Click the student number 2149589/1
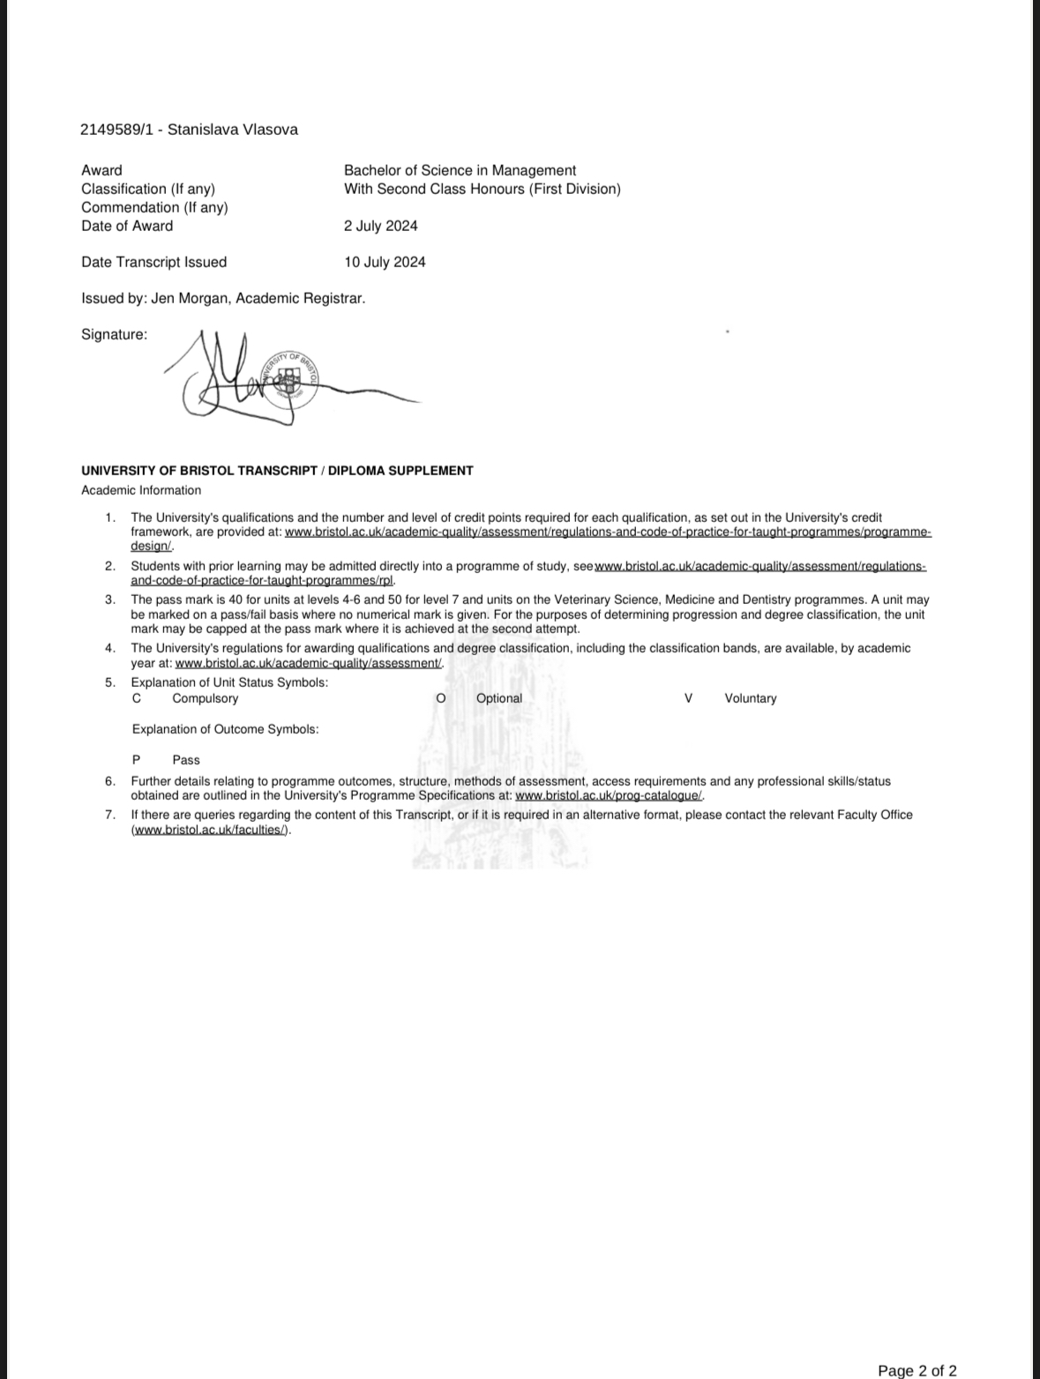pyautogui.click(x=116, y=130)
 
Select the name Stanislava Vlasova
pyautogui.click(x=233, y=130)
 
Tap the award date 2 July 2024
pyautogui.click(x=380, y=226)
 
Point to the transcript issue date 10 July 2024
pyautogui.click(x=385, y=262)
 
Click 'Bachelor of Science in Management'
pyautogui.click(x=460, y=170)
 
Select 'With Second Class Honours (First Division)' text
pyautogui.click(x=482, y=189)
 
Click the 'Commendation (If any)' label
pyautogui.click(x=154, y=207)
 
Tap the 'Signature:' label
pyautogui.click(x=114, y=334)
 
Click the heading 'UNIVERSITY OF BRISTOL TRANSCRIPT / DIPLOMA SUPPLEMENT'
pyautogui.click(x=277, y=471)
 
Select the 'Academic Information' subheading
pyautogui.click(x=141, y=490)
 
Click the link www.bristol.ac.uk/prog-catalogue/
pyautogui.click(x=609, y=795)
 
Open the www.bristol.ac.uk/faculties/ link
pyautogui.click(x=210, y=830)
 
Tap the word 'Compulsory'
pyautogui.click(x=205, y=698)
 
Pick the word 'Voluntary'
pyautogui.click(x=750, y=698)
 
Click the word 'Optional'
pyautogui.click(x=498, y=698)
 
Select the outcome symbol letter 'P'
pyautogui.click(x=136, y=760)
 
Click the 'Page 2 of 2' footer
pyautogui.click(x=917, y=1370)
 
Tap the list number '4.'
pyautogui.click(x=110, y=648)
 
